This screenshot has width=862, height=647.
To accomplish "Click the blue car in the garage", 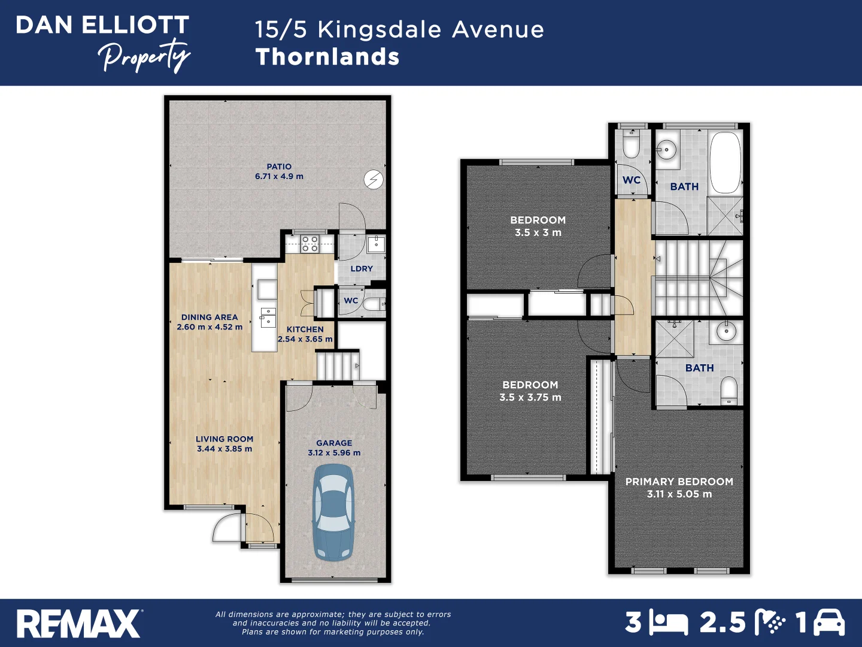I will [x=334, y=512].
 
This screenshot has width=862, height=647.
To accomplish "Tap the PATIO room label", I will [x=279, y=167].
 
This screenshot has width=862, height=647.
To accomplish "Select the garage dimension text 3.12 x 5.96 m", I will [x=334, y=453].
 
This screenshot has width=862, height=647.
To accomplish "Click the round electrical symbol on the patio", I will [x=374, y=179].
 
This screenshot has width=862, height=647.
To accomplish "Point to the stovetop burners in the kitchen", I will [x=309, y=243].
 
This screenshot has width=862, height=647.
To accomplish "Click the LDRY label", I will [x=362, y=269].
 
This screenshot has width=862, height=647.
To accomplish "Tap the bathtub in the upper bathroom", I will [x=725, y=162].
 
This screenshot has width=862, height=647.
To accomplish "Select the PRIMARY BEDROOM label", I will [x=679, y=482].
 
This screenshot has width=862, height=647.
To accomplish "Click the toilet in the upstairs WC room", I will [x=631, y=144].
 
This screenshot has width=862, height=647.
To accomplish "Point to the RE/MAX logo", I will [x=78, y=624].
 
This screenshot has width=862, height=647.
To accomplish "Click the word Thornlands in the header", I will [x=327, y=57].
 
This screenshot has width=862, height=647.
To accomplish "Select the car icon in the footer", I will [x=829, y=623].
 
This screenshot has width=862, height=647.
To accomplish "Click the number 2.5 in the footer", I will [x=723, y=623].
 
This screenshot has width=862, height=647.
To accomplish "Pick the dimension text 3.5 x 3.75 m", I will [x=530, y=398].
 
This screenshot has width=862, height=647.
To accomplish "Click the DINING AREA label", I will [x=210, y=318].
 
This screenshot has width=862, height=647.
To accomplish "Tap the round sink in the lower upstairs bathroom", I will [x=726, y=331].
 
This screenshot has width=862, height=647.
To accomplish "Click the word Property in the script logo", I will [x=144, y=56].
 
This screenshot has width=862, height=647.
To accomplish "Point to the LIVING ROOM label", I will [x=224, y=439].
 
